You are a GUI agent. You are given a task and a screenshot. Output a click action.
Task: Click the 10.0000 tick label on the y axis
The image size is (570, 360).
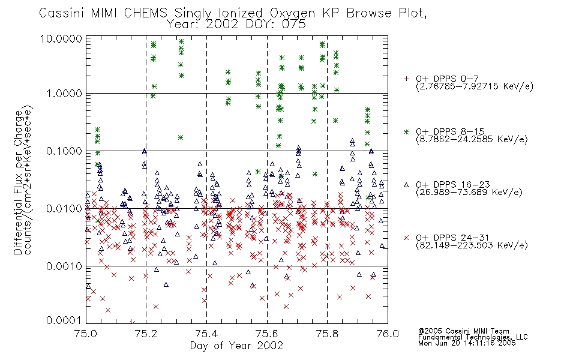(61, 38)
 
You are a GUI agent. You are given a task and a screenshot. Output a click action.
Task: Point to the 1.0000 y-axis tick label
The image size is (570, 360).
(64, 94)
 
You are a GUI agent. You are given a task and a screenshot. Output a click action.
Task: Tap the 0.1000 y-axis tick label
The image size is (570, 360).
(64, 151)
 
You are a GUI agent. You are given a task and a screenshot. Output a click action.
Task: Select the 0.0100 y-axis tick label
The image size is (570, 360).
(64, 209)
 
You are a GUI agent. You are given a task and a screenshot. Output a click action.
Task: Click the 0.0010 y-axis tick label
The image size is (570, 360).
(64, 266)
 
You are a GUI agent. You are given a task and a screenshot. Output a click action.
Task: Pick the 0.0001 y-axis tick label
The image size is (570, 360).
(64, 320)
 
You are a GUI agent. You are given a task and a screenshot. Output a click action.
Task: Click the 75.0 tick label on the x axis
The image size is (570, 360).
(86, 334)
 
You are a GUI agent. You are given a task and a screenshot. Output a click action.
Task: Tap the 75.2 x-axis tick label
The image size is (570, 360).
(146, 334)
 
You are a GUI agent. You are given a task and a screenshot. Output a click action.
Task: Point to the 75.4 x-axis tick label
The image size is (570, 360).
(206, 334)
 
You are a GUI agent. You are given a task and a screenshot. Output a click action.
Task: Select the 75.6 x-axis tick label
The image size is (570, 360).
(267, 334)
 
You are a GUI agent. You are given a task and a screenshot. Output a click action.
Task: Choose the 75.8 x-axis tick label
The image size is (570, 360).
(327, 334)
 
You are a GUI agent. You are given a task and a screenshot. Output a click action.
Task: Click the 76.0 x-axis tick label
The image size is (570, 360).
(388, 334)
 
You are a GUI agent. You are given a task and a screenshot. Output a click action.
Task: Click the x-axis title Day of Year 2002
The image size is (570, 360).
(236, 346)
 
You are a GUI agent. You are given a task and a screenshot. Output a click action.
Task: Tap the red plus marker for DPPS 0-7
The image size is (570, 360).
(406, 79)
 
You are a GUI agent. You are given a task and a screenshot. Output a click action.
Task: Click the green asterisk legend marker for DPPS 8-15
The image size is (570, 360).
(406, 131)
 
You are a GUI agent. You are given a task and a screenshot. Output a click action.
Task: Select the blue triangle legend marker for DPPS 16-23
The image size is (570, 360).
(406, 185)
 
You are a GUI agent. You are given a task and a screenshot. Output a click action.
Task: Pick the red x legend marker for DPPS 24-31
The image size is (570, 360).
(406, 238)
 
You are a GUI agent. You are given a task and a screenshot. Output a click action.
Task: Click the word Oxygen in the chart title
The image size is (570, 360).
(293, 13)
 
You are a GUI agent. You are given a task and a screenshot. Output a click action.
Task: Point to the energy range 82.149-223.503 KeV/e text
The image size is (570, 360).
(472, 245)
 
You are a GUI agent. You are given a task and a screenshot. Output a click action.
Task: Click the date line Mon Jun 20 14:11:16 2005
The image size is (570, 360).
(467, 343)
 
